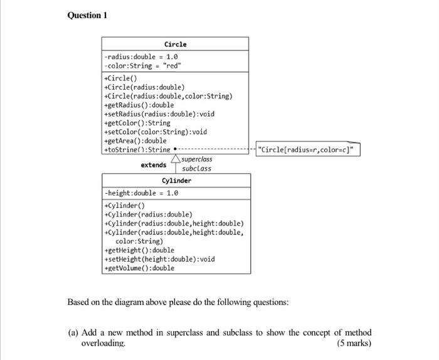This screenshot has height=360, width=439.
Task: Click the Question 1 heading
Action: [87, 15]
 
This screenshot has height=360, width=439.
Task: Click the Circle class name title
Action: [175, 45]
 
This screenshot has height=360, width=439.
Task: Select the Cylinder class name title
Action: [176, 181]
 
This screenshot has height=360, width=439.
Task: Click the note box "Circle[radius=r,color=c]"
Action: [308, 149]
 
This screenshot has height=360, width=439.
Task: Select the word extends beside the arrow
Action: [154, 165]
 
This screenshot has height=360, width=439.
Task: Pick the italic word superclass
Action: [197, 159]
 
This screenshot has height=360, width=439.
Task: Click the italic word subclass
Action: [196, 168]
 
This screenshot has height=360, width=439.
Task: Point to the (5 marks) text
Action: [354, 343]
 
